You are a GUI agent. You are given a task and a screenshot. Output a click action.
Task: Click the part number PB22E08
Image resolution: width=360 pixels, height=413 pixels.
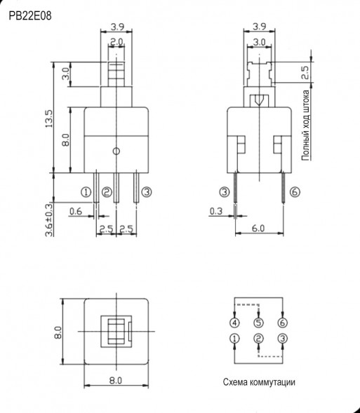30,13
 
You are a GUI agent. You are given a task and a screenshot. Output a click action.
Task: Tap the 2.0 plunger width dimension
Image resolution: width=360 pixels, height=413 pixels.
117,42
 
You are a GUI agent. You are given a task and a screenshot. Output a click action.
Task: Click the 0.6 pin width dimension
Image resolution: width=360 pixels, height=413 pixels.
75,211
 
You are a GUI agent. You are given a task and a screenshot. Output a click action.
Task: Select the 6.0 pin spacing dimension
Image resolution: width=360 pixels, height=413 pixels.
259,229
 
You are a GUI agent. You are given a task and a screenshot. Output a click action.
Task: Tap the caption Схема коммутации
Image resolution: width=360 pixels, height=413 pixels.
259,382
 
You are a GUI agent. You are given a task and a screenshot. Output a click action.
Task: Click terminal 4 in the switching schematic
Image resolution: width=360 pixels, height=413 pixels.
234,323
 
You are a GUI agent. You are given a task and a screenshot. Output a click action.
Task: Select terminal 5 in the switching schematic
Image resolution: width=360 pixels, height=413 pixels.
258,323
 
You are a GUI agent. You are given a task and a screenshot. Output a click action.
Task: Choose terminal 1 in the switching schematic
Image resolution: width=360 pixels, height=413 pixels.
234,339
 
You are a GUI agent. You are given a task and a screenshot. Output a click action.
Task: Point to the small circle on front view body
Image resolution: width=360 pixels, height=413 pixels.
117,150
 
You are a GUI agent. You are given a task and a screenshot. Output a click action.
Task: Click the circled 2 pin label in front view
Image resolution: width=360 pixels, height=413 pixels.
107,191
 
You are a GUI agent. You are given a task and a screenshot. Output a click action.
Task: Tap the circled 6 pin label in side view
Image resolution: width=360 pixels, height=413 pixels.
294,191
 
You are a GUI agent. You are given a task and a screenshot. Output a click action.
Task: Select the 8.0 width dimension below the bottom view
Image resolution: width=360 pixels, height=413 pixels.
116,380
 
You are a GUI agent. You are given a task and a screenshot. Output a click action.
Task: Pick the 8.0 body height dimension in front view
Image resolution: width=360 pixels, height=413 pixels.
65,140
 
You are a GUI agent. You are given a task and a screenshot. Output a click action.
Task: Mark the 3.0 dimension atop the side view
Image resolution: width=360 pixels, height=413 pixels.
259,42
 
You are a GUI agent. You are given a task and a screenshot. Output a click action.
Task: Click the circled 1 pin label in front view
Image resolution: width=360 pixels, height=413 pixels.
86,191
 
